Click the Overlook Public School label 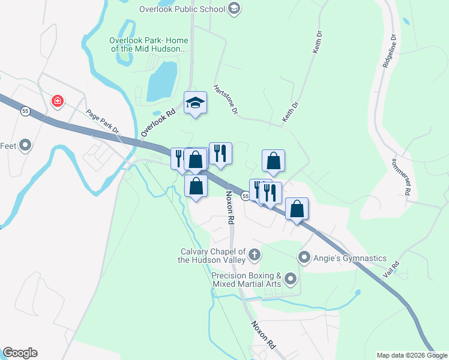click(x=182, y=9)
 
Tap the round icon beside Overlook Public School click(x=234, y=8)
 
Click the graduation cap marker click(x=195, y=103)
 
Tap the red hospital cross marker click(x=58, y=101)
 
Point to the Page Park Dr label click(x=103, y=123)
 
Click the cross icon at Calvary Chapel click(x=255, y=255)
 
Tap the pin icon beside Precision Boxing click(x=291, y=278)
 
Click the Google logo click(x=20, y=353)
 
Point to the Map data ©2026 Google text click(x=412, y=355)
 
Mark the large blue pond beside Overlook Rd click(x=162, y=82)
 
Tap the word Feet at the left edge click(x=7, y=146)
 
